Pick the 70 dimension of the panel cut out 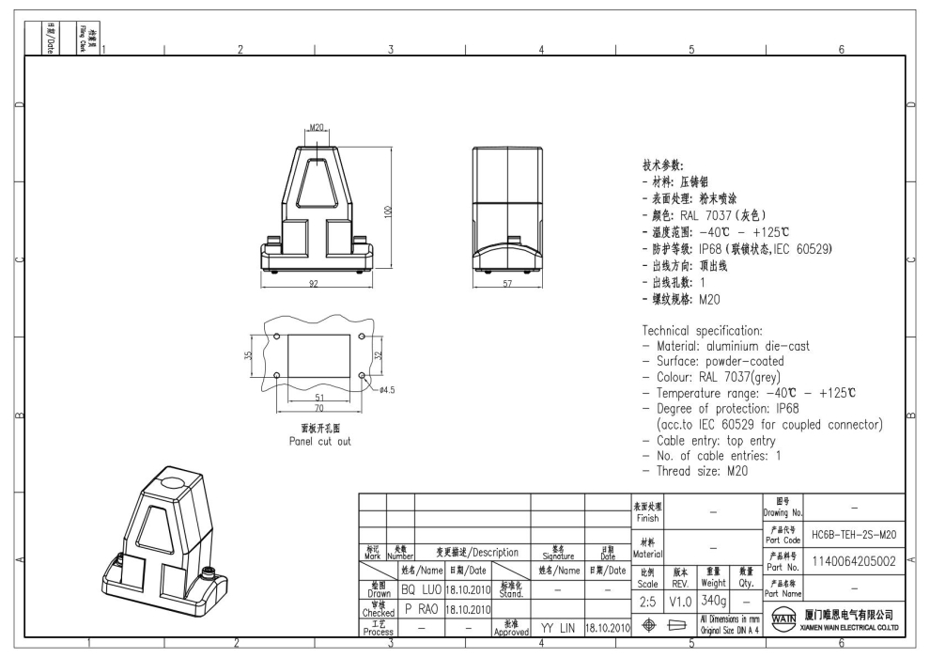click(319, 410)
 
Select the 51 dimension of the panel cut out click(319, 399)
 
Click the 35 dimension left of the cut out click(248, 355)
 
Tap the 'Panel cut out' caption click(319, 441)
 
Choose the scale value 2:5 click(647, 600)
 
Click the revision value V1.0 click(680, 600)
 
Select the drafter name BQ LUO click(421, 589)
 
